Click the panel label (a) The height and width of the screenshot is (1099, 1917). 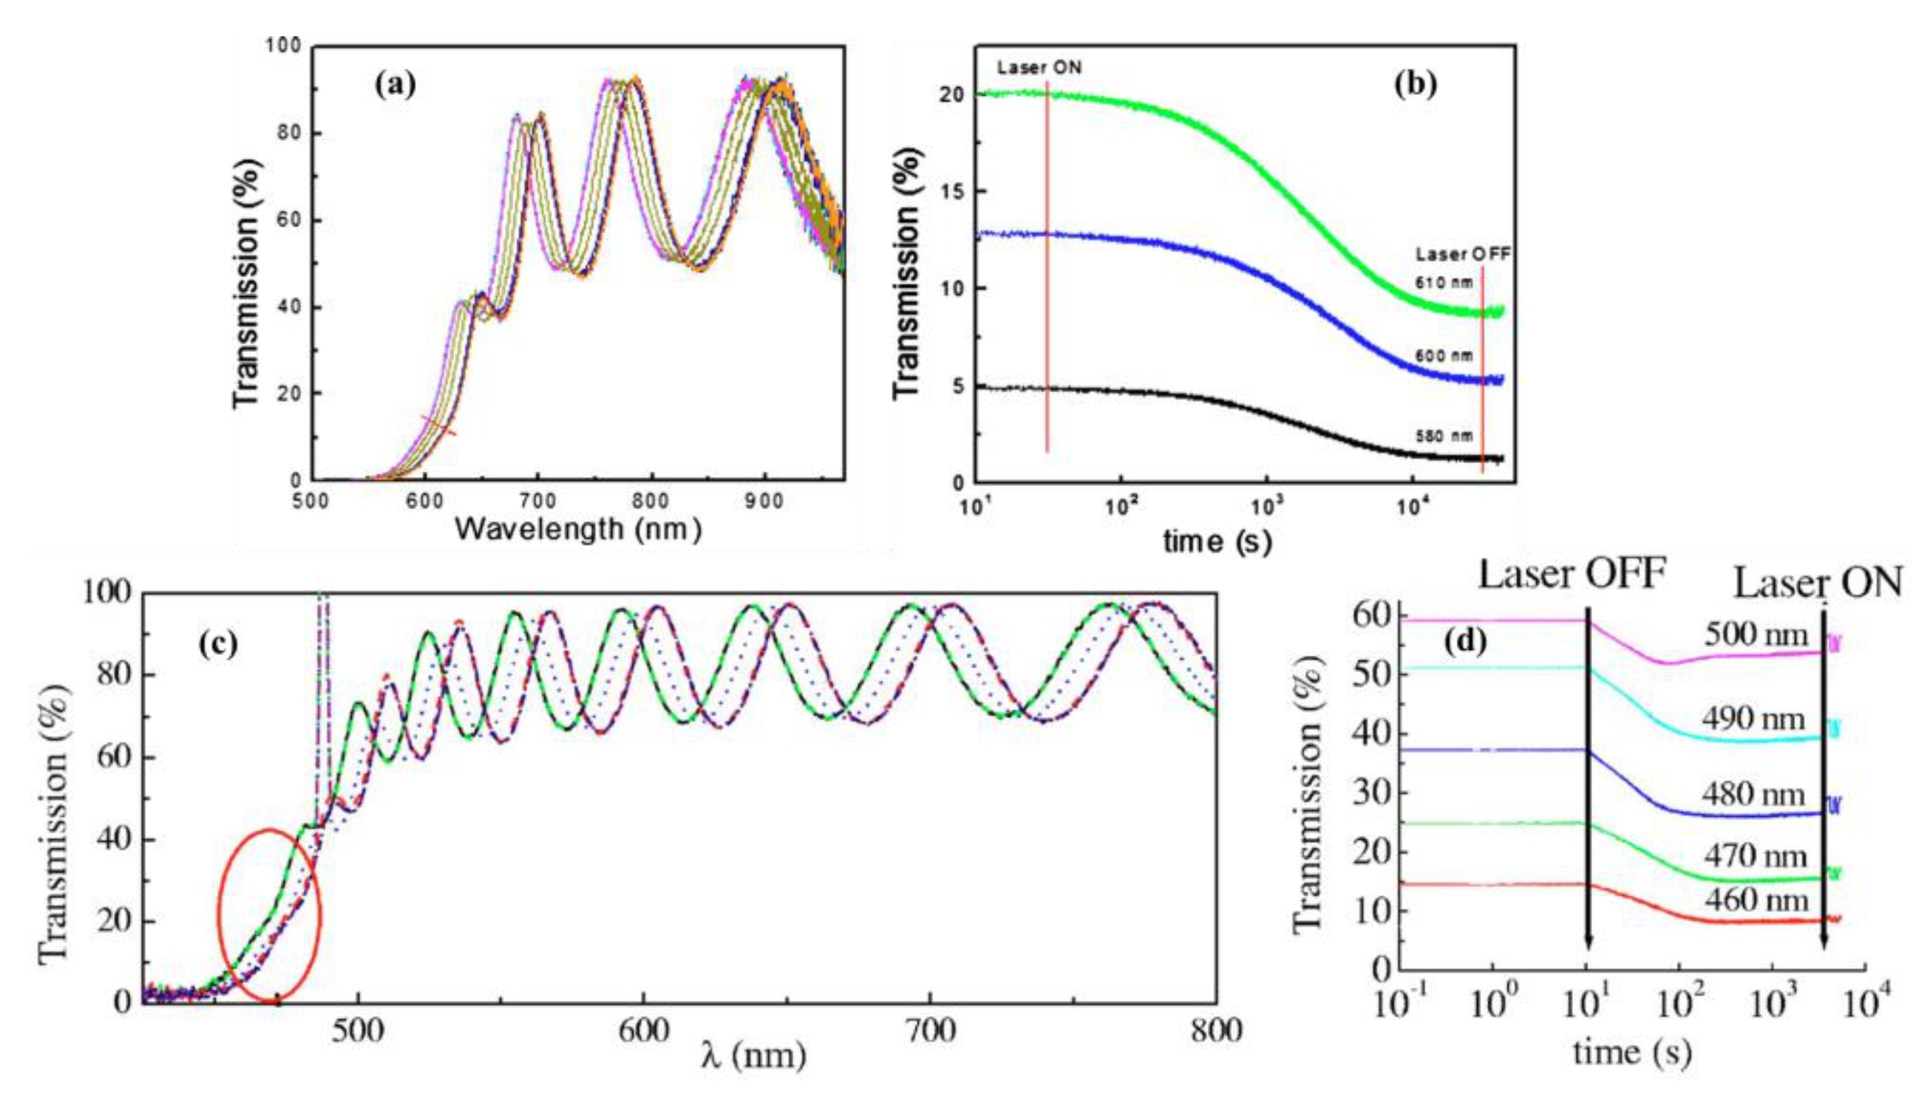click(395, 85)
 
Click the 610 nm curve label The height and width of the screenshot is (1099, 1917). click(1443, 284)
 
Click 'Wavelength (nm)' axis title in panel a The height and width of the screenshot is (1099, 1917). click(577, 529)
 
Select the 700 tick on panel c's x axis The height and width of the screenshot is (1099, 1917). click(929, 1031)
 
